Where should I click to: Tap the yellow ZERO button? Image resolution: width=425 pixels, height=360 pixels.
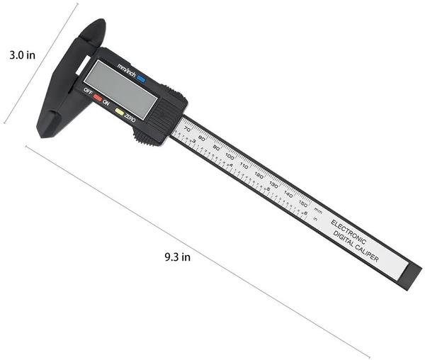(119, 112)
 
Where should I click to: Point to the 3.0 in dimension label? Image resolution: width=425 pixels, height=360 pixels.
(22, 55)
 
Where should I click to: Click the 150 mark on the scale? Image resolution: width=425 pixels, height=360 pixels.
(302, 203)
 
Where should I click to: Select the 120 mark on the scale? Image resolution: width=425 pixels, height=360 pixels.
(259, 174)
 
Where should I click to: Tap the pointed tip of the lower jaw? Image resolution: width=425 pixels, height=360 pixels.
(40, 132)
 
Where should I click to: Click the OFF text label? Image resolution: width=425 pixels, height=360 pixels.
(88, 91)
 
